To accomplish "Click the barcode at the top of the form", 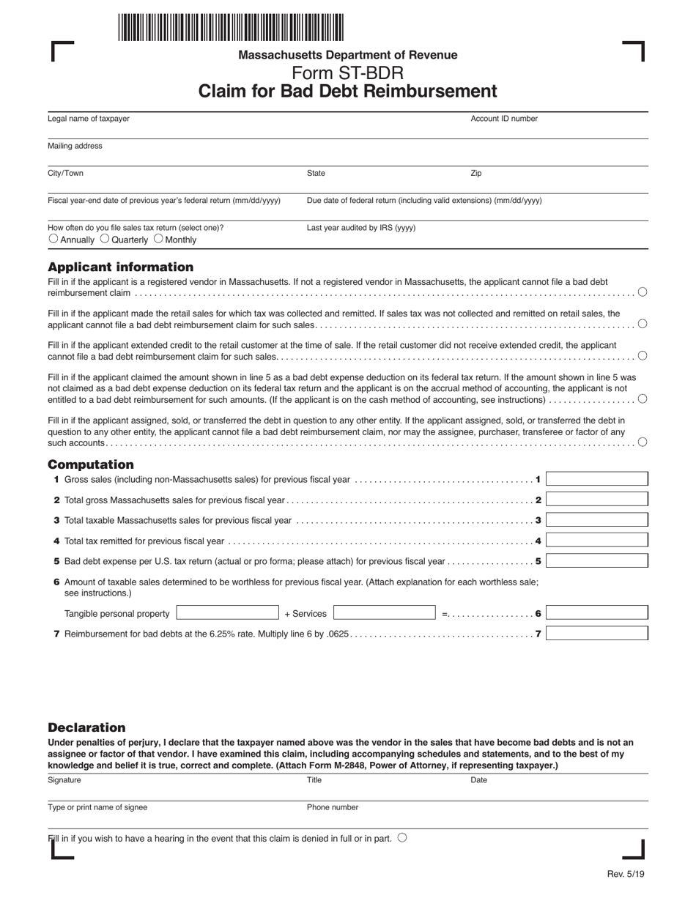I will [230, 27].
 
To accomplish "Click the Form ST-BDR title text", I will [347, 73].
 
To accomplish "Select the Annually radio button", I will [53, 239].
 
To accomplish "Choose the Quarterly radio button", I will [104, 239].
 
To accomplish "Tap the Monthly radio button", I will [158, 239].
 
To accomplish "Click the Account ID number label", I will [503, 119].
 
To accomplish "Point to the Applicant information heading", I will [121, 267].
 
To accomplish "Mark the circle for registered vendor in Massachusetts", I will [643, 292].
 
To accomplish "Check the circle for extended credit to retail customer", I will [643, 356].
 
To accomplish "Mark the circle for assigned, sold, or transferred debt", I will [643, 442].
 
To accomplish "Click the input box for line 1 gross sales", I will [596, 479].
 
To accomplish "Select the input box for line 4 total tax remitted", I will [596, 541].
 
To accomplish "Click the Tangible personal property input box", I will [227, 613].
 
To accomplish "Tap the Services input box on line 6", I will [385, 613].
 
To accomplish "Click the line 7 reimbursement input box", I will [596, 634].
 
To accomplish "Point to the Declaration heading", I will [86, 727].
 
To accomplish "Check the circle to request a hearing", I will [402, 838].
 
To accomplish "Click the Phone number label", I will [333, 807].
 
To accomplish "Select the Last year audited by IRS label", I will [360, 228].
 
